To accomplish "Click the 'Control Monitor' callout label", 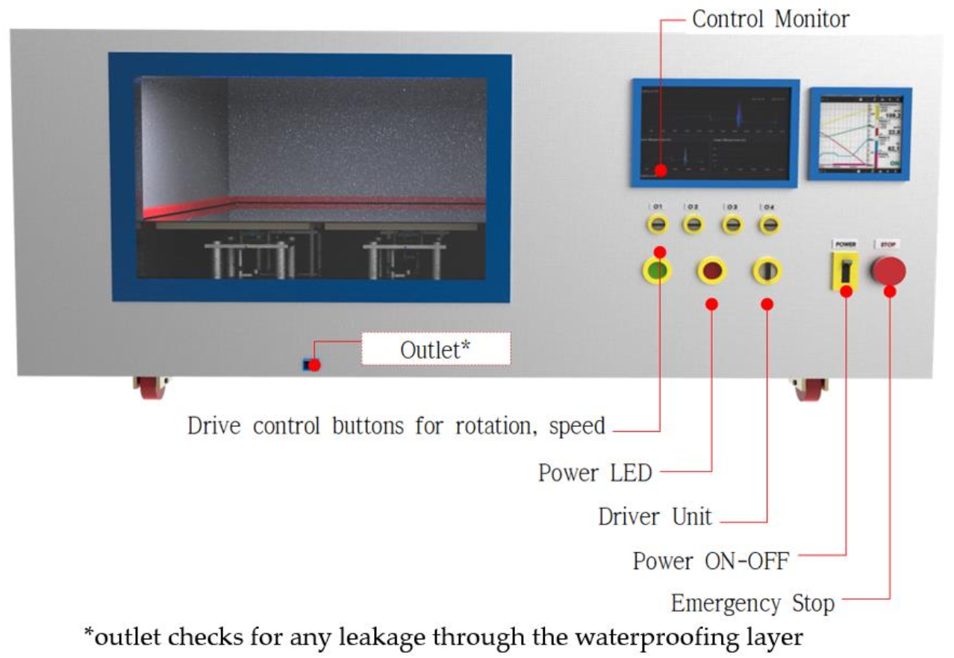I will (770, 19).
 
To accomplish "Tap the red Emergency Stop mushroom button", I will (888, 271).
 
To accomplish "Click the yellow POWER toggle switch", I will (844, 272).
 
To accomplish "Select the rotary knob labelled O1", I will (658, 224).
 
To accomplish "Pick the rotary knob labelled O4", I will (767, 224).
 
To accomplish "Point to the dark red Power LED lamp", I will (712, 271).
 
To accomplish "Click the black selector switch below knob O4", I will (767, 271).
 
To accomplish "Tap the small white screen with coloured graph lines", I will (860, 134).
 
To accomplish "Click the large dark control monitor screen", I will (714, 132).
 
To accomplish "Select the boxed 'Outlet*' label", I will (436, 349).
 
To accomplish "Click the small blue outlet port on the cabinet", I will (306, 365).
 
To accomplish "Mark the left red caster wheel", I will (152, 387).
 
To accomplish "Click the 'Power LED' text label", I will (595, 473).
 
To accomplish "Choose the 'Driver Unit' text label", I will (655, 516).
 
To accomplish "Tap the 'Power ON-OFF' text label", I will (711, 560).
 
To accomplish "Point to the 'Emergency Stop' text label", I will (752, 602).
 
